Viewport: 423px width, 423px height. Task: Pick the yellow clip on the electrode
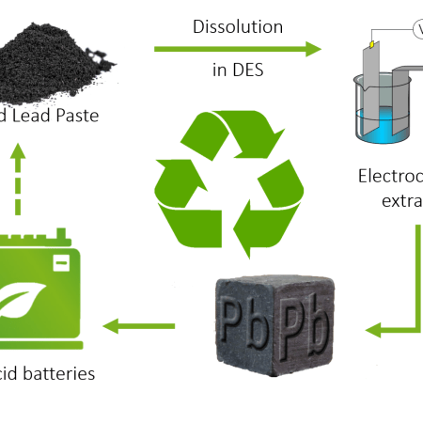(x=373, y=43)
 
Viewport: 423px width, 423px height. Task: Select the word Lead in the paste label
(x=41, y=116)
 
